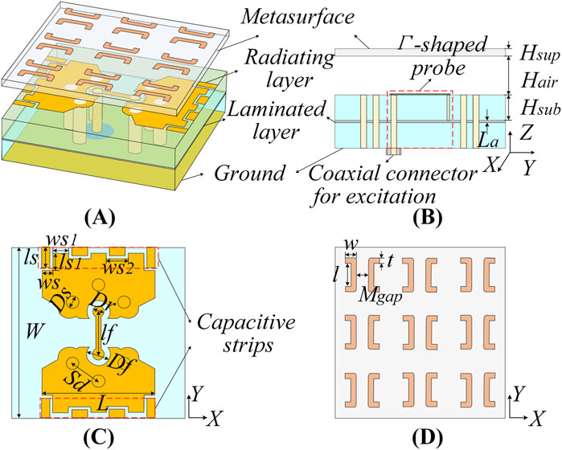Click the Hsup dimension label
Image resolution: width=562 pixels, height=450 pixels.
tap(531, 52)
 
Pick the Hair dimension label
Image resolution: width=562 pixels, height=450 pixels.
tap(530, 80)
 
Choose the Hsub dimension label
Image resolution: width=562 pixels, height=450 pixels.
tap(531, 108)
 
